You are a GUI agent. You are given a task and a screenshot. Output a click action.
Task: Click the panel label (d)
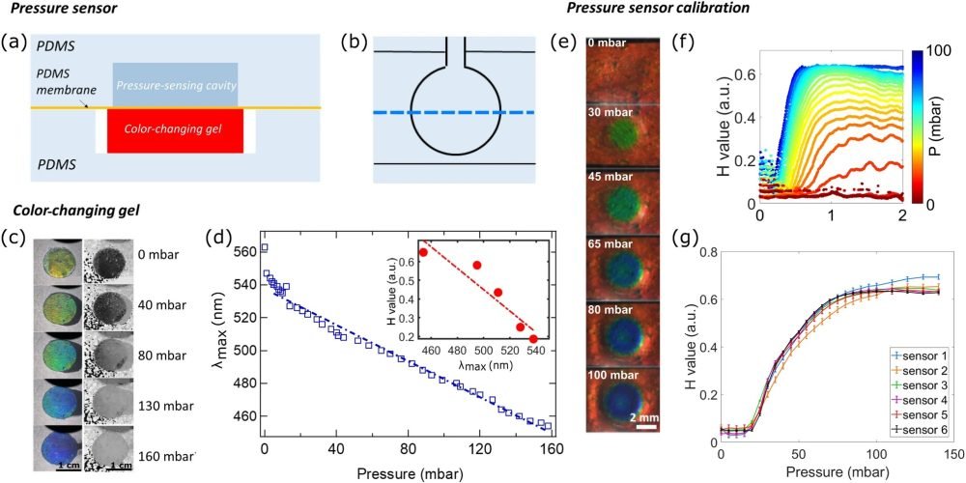[x=221, y=236]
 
